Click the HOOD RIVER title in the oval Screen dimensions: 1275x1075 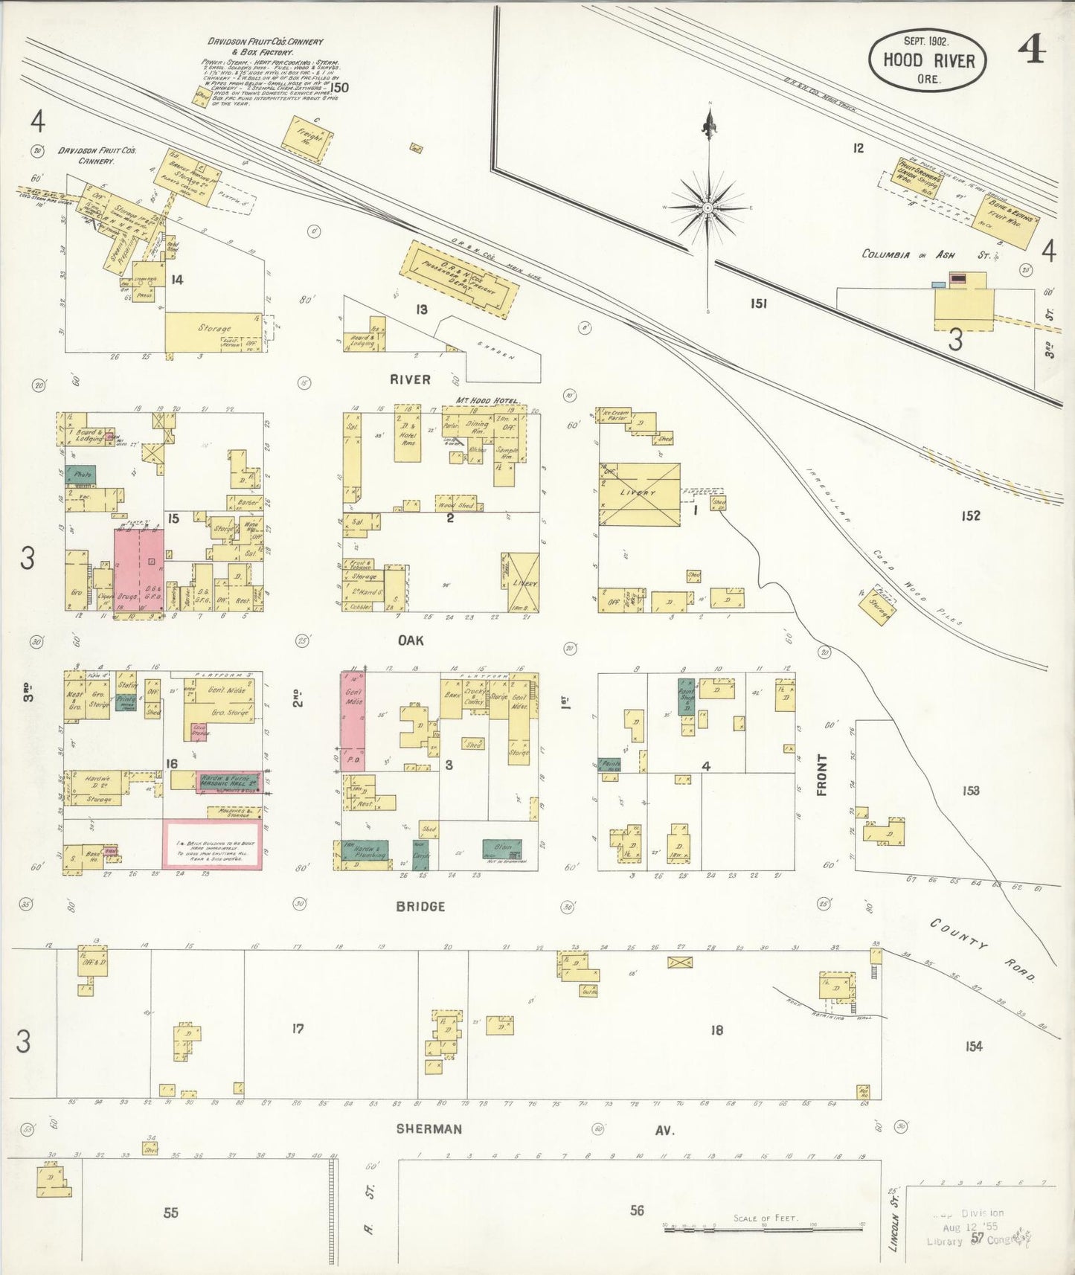[928, 60]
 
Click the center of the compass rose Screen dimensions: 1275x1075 [708, 207]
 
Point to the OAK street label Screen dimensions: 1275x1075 [410, 640]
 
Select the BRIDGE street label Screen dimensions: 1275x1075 [420, 906]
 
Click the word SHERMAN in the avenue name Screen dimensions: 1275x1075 [429, 1128]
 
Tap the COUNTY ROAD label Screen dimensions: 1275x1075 [981, 949]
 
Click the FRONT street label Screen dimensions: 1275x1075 [822, 774]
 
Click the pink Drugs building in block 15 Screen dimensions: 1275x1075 [138, 570]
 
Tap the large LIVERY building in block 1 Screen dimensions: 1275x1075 [640, 495]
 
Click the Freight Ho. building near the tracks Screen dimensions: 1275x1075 [306, 138]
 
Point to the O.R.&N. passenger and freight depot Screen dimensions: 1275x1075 [458, 280]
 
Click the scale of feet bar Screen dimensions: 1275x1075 [763, 1230]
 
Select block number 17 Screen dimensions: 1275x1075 [298, 1029]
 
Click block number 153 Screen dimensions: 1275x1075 [970, 791]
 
